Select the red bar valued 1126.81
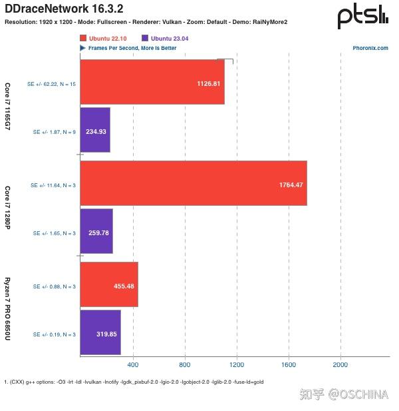(x=152, y=83)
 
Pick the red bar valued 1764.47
(x=193, y=183)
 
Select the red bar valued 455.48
(x=109, y=285)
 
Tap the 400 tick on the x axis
(x=132, y=365)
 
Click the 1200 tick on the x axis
(x=237, y=365)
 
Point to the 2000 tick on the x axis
(x=340, y=365)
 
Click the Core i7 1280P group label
(x=8, y=207)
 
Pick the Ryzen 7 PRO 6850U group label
(x=8, y=308)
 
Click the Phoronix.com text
(x=370, y=48)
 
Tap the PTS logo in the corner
(x=362, y=16)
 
